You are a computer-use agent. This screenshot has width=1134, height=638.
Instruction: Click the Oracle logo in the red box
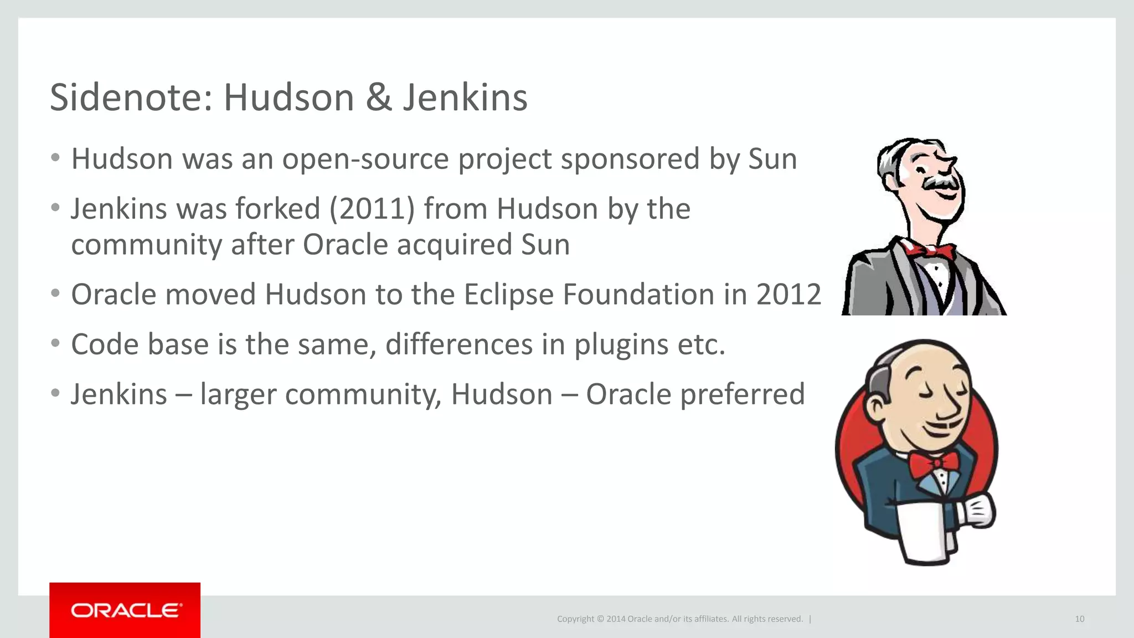click(x=125, y=610)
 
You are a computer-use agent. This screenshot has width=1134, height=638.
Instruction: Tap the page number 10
click(x=1079, y=619)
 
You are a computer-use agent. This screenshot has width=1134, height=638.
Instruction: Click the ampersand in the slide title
click(x=379, y=97)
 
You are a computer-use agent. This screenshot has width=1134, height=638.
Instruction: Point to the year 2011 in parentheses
click(x=372, y=209)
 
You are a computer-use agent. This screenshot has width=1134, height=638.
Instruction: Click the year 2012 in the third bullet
click(x=788, y=294)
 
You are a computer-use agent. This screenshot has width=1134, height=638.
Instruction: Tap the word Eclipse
click(x=508, y=295)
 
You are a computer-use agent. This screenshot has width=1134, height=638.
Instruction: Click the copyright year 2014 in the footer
click(x=616, y=619)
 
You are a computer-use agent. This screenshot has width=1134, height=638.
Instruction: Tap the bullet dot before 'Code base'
click(x=55, y=343)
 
